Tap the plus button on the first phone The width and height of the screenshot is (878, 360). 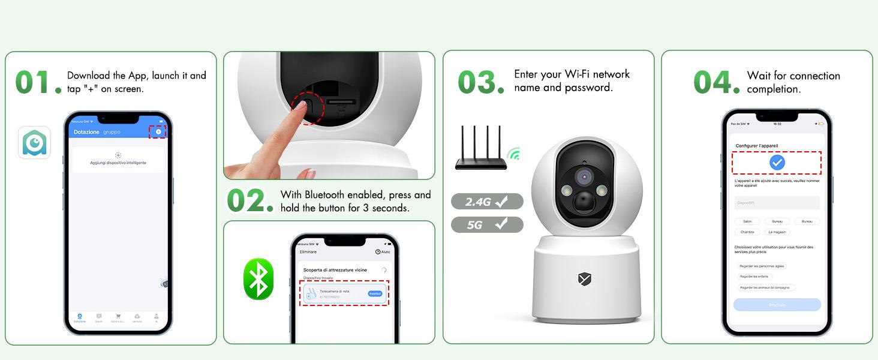pos(158,131)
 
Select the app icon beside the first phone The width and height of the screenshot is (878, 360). pos(34,142)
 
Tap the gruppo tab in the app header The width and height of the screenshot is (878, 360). pos(112,132)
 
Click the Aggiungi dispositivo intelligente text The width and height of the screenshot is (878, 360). pos(118,163)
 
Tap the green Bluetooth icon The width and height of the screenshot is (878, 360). pos(258,279)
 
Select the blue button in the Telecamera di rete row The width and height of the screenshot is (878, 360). pos(375,293)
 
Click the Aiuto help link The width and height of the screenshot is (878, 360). pos(383,252)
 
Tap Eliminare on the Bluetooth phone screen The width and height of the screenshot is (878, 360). pos(308,252)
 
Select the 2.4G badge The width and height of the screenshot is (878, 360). pos(486,202)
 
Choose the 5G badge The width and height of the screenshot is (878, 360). pos(486,225)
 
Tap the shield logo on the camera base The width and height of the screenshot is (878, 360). pos(585,279)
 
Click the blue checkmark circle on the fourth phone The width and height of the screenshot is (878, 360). pos(777,163)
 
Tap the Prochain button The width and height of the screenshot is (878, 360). pos(777,305)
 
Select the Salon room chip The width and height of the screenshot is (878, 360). pos(747,221)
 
